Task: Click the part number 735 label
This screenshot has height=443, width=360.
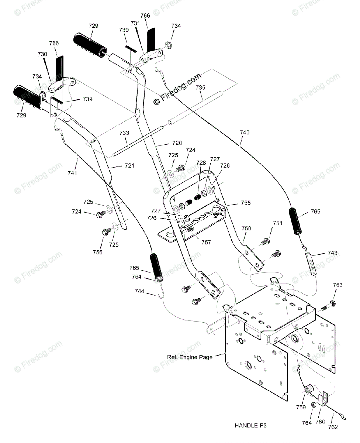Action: [200, 87]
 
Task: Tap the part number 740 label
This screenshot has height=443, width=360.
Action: [245, 133]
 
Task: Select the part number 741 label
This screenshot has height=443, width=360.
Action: [72, 173]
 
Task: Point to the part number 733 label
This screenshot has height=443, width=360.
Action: [124, 133]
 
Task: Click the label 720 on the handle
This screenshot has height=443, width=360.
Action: [177, 143]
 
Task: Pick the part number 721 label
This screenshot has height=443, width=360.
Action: [129, 165]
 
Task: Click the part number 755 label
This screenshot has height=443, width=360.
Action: [246, 203]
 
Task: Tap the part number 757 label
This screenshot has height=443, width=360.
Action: [206, 242]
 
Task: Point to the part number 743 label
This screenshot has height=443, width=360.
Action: [332, 253]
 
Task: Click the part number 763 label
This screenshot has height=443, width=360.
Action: [337, 285]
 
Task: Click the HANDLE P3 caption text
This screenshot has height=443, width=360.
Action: [250, 426]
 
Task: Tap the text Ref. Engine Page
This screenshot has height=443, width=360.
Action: [190, 357]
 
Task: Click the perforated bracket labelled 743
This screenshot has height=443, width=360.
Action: [311, 264]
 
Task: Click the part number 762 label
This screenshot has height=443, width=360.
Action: [333, 427]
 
